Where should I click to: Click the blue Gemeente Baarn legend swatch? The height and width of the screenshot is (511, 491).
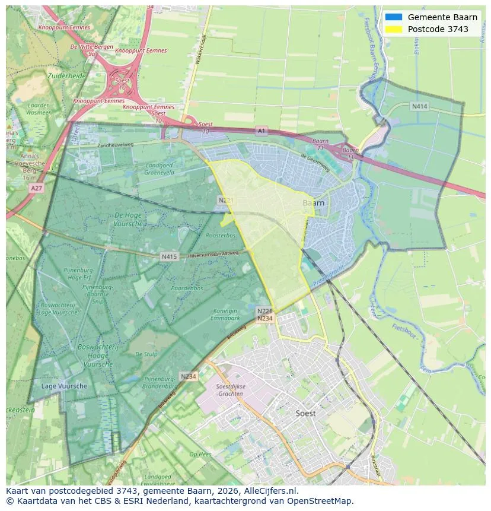(x=393, y=17)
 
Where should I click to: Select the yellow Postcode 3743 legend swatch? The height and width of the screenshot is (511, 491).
(x=393, y=29)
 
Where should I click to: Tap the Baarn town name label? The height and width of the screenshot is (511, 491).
(x=313, y=203)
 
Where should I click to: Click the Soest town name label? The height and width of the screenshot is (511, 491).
(x=305, y=413)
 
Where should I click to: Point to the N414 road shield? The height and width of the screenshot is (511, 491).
(x=419, y=106)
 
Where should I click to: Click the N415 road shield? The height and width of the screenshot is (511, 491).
(x=169, y=257)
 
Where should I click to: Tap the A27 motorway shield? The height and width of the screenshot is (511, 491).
(x=36, y=188)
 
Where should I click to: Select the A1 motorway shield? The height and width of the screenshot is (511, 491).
(x=262, y=130)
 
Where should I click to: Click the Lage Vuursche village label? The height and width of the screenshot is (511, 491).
(x=64, y=386)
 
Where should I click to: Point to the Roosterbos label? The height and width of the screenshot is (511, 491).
(x=221, y=236)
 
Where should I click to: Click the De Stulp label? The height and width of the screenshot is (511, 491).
(x=146, y=354)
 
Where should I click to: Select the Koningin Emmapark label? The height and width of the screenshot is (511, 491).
(x=224, y=314)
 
